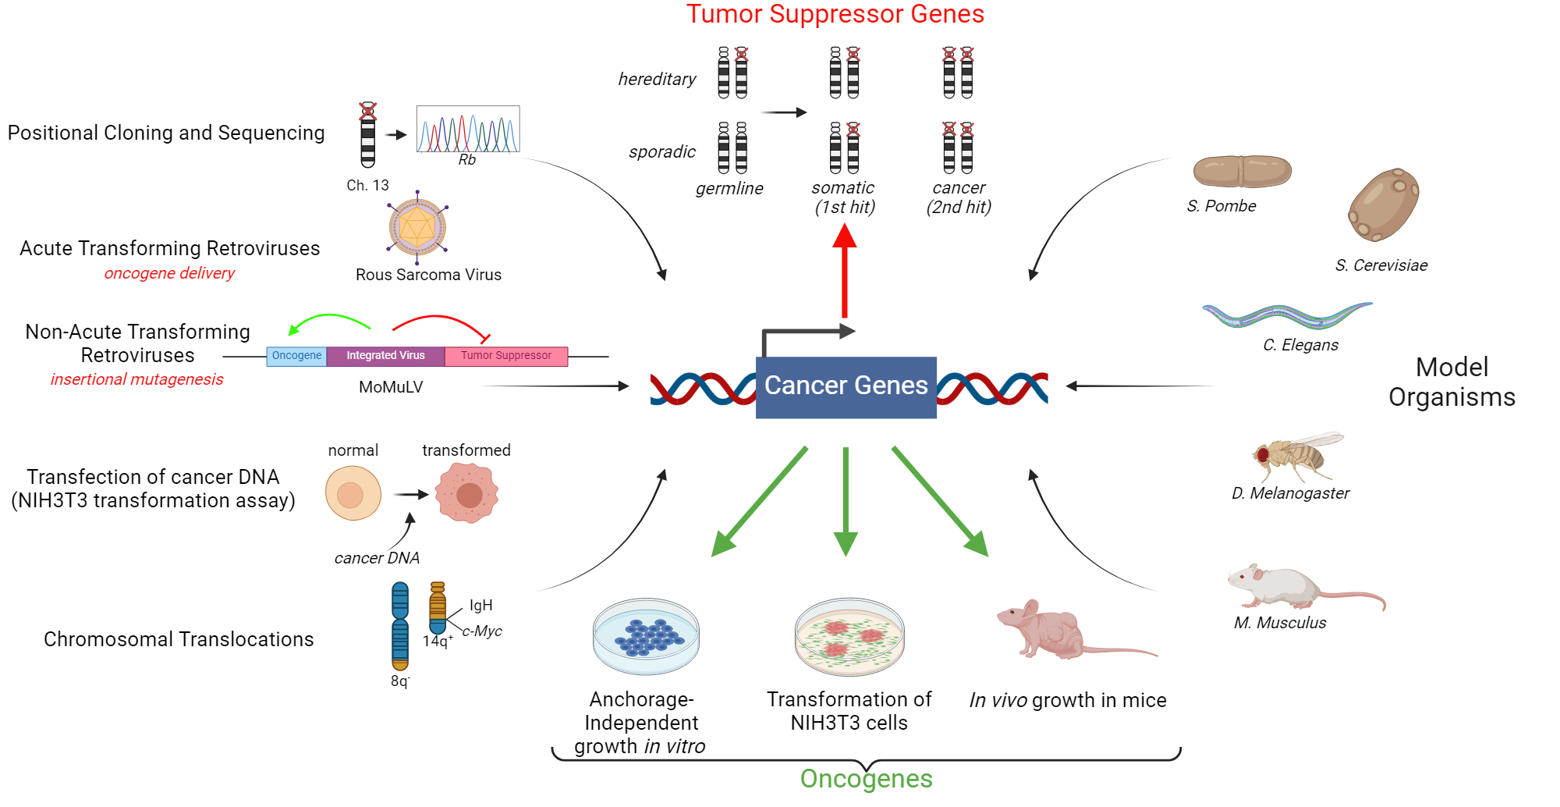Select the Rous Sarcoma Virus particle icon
417,227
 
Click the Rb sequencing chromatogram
468,129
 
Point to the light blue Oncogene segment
296,356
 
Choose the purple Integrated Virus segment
385,356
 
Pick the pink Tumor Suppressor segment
505,356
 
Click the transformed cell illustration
467,493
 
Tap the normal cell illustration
353,493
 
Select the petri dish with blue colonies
646,636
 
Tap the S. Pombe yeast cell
1242,172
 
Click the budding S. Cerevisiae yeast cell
1383,205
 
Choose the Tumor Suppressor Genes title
835,14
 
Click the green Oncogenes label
866,779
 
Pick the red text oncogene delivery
169,273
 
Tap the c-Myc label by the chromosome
482,631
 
